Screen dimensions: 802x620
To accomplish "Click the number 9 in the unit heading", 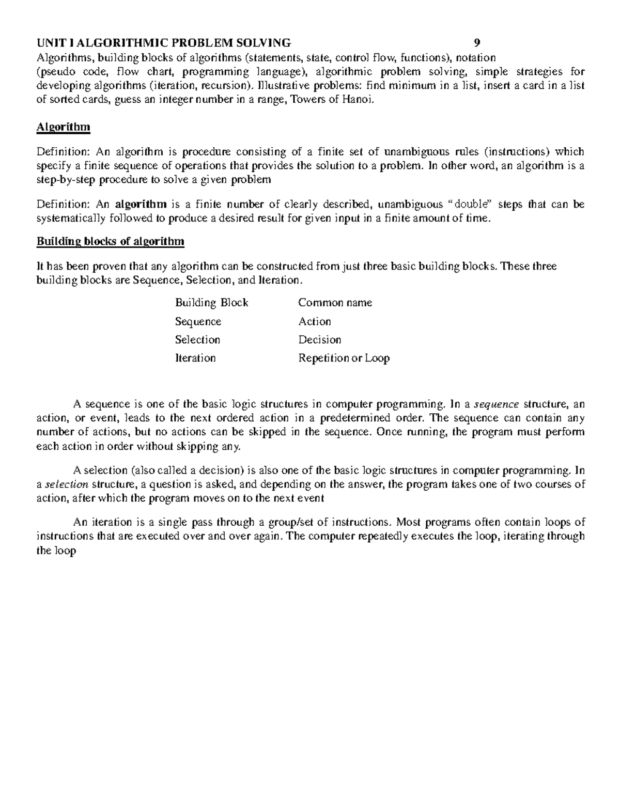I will pos(477,42).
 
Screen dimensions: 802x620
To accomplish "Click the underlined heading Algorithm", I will pos(63,127).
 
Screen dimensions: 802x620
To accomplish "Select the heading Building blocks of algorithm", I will pos(110,241).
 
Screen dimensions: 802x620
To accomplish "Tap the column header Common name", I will pos(335,303).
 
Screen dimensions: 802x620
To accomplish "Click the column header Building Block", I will pos(211,303).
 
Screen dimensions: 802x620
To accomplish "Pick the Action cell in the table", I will pos(315,321).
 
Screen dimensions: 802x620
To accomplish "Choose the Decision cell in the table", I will pos(320,340).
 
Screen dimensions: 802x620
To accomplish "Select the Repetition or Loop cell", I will pos(344,358).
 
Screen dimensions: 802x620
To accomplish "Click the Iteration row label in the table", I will pos(195,358).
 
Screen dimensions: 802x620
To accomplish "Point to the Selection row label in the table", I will pos(197,340).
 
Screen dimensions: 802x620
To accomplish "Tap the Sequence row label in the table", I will pos(198,322).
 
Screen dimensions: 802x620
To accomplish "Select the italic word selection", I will pos(67,484).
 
